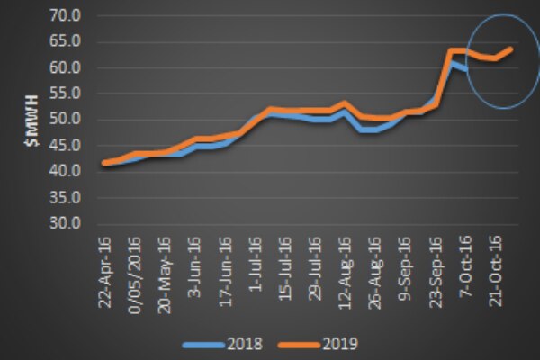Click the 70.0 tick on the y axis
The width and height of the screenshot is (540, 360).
(x=67, y=16)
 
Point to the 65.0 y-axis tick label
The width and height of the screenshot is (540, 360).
(x=67, y=42)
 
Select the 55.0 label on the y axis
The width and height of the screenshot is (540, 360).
(x=67, y=94)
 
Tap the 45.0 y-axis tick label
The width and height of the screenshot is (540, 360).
(x=67, y=145)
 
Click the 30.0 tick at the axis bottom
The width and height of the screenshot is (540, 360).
(x=67, y=223)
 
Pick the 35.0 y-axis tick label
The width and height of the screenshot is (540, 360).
(x=67, y=197)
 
